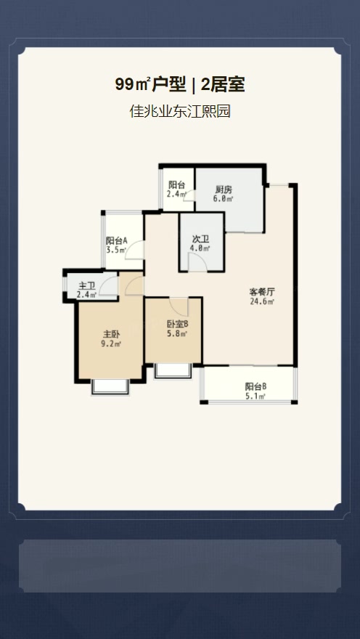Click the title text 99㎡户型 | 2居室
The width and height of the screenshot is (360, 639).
click(x=179, y=85)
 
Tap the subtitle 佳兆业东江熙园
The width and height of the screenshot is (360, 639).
click(x=180, y=111)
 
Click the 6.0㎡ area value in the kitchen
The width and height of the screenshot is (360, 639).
click(x=223, y=198)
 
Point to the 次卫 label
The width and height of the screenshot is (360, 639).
click(x=200, y=240)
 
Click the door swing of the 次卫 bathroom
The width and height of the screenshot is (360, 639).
click(x=198, y=261)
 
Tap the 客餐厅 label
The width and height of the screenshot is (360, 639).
click(x=263, y=292)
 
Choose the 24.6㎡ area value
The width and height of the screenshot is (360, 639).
click(x=262, y=301)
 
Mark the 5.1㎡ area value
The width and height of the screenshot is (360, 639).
click(x=255, y=396)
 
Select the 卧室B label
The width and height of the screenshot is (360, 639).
click(x=177, y=325)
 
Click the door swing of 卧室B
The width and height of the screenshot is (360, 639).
click(x=179, y=306)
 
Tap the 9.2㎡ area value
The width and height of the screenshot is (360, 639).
click(x=111, y=343)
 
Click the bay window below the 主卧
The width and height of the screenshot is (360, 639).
click(x=110, y=387)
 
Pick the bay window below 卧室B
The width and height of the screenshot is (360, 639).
click(x=173, y=371)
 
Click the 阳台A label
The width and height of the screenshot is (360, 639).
click(x=116, y=240)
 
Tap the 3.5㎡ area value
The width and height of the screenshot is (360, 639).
click(x=116, y=251)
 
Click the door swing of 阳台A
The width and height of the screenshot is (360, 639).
click(x=134, y=250)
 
